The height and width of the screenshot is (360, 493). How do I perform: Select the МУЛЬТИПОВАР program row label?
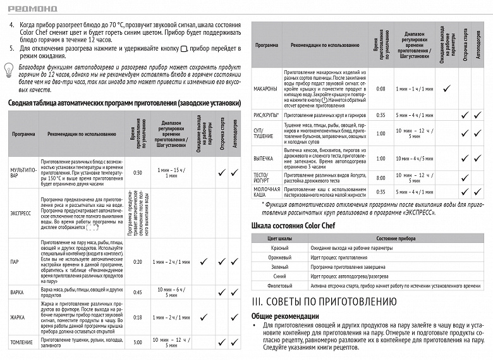pyautogui.click(x=20, y=172)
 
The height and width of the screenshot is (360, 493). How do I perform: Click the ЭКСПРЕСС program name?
pyautogui.click(x=21, y=214)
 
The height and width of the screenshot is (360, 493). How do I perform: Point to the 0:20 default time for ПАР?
pyautogui.click(x=138, y=261)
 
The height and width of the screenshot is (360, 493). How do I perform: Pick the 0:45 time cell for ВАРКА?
pyautogui.click(x=138, y=292)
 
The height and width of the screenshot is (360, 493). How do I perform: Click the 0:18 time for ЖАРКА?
pyautogui.click(x=138, y=318)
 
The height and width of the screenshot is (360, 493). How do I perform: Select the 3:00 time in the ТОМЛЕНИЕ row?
pyautogui.click(x=138, y=342)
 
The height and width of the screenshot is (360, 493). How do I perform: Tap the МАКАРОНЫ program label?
pyautogui.click(x=265, y=89)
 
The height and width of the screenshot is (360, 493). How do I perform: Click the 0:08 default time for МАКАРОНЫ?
pyautogui.click(x=380, y=89)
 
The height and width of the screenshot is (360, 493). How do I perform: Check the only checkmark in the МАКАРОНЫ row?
pyautogui.click(x=446, y=89)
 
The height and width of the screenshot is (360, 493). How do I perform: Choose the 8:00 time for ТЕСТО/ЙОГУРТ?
pyautogui.click(x=380, y=178)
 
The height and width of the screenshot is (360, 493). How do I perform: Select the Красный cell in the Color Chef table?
pyautogui.click(x=279, y=247)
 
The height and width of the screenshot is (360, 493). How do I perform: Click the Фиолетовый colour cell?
pyautogui.click(x=279, y=286)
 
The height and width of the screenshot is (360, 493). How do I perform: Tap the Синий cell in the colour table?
pyautogui.click(x=279, y=276)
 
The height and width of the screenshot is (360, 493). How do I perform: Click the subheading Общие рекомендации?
pyautogui.click(x=285, y=316)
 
